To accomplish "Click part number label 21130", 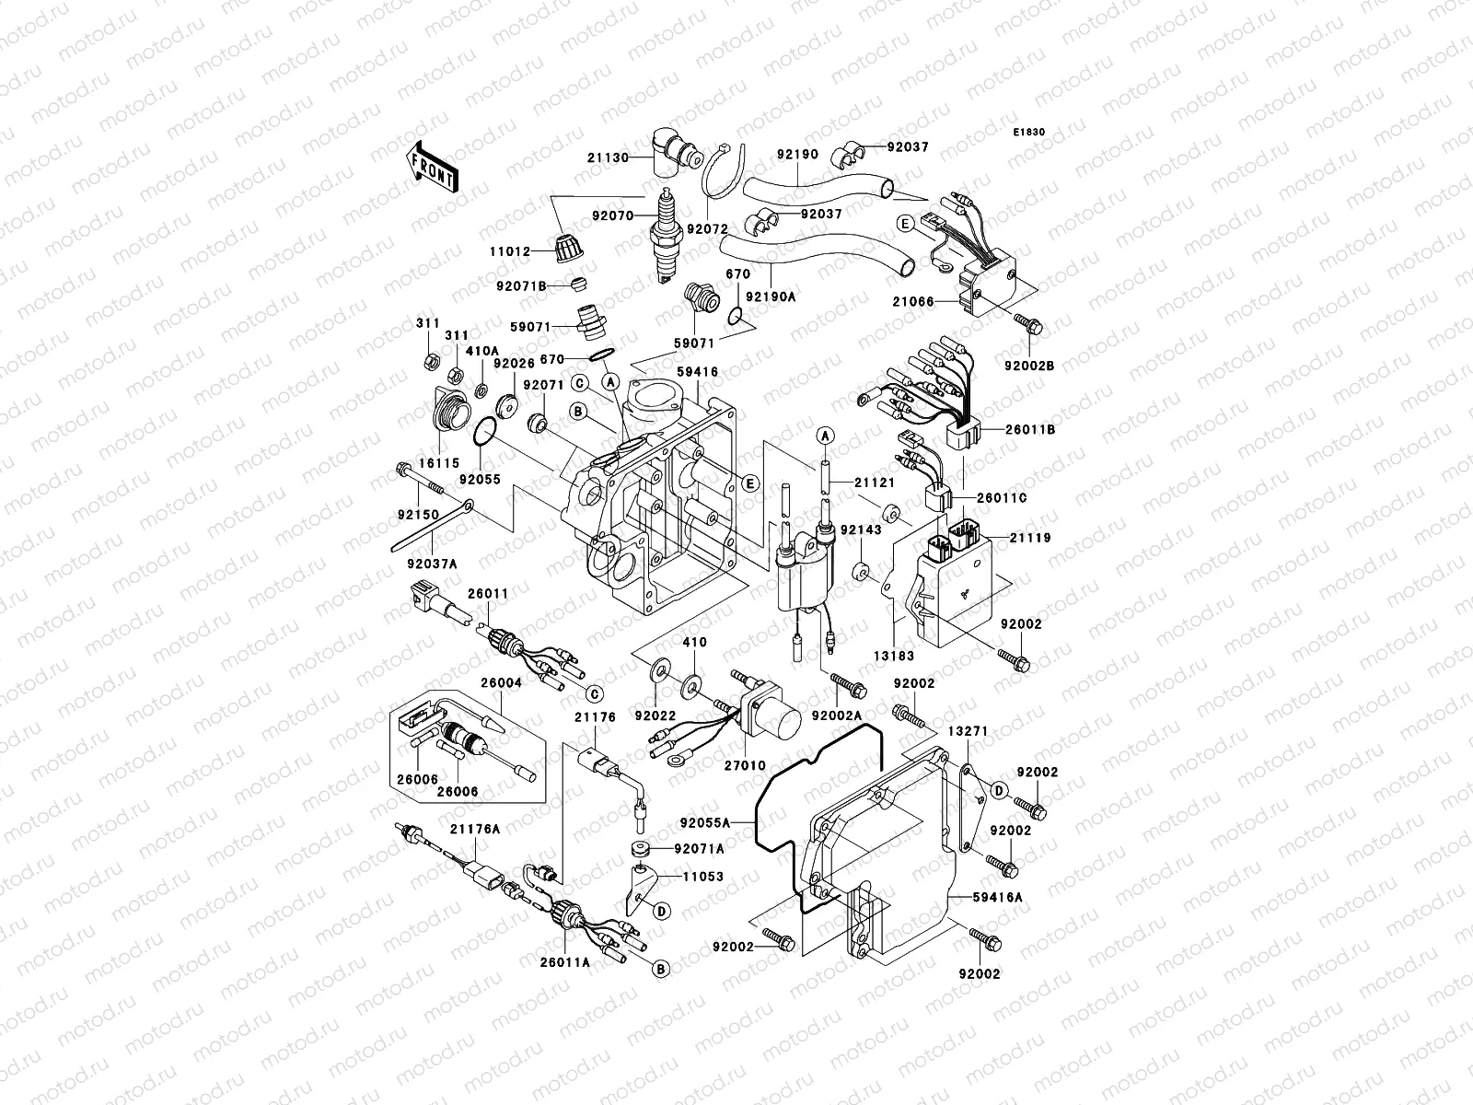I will pyautogui.click(x=634, y=157).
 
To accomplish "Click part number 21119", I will pyautogui.click(x=1029, y=537).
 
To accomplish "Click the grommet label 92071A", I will pyautogui.click(x=699, y=848).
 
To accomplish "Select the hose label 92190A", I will pyautogui.click(x=770, y=297).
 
